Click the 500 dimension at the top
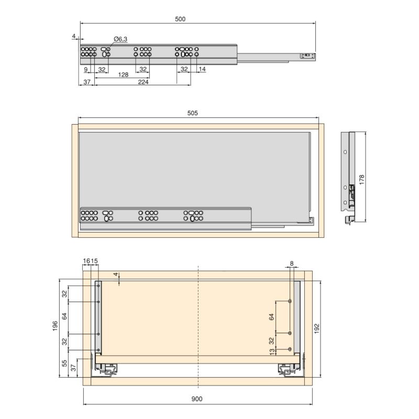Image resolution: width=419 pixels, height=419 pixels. [x=180, y=19]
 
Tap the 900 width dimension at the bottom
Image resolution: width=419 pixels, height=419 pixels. [x=196, y=399]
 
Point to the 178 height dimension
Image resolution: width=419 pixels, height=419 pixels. [x=361, y=179]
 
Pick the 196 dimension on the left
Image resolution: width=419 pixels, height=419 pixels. [x=55, y=326]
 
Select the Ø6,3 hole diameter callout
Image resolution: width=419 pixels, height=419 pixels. [x=120, y=39]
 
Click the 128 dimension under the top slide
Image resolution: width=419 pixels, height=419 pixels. [x=123, y=75]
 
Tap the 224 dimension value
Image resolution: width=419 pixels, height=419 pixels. [x=142, y=82]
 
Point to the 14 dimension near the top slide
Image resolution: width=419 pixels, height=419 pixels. [x=202, y=69]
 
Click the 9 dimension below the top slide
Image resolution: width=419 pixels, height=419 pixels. [x=85, y=69]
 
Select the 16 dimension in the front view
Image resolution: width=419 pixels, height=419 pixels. [x=86, y=261]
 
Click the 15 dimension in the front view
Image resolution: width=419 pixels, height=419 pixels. [x=94, y=261]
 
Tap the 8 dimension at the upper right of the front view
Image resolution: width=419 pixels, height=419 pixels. [x=292, y=263]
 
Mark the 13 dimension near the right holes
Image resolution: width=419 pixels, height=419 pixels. [x=271, y=351]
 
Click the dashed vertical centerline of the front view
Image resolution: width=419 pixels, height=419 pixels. [x=198, y=325]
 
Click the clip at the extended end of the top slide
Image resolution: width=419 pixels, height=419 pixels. [x=307, y=54]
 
